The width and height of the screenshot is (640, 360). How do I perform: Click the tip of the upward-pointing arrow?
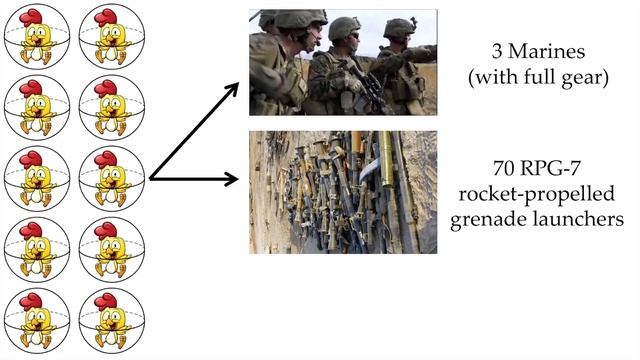pos(239,84)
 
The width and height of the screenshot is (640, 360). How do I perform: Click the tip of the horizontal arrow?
pos(241,180)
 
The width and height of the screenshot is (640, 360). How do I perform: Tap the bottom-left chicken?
pos(37,322)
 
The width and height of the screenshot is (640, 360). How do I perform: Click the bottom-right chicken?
pos(110,322)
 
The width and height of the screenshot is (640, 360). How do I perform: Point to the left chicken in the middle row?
pos(37,179)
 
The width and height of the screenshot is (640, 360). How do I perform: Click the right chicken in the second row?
pos(110,107)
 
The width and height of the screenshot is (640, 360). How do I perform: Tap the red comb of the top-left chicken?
pos(34,16)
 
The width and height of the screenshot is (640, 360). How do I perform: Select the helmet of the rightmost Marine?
pos(400,26)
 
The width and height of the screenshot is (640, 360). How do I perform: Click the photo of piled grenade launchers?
pos(343,191)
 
